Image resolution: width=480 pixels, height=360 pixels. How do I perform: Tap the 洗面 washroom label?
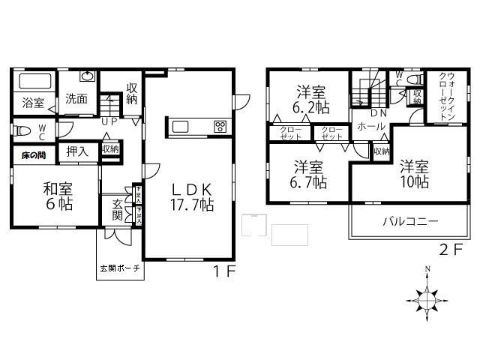click(x=76, y=98)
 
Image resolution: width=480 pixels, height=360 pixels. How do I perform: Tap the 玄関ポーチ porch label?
click(x=119, y=268)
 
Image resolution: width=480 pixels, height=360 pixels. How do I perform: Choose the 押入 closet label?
click(x=76, y=150)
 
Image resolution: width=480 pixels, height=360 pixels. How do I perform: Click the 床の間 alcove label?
click(x=31, y=155)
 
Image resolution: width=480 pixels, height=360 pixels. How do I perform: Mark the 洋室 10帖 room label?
click(x=413, y=173)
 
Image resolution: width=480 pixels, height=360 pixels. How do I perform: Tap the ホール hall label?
click(x=371, y=127)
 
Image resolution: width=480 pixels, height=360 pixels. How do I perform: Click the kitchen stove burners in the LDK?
click(x=220, y=126)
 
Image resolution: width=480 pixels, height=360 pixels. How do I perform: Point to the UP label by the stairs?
click(x=109, y=120)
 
